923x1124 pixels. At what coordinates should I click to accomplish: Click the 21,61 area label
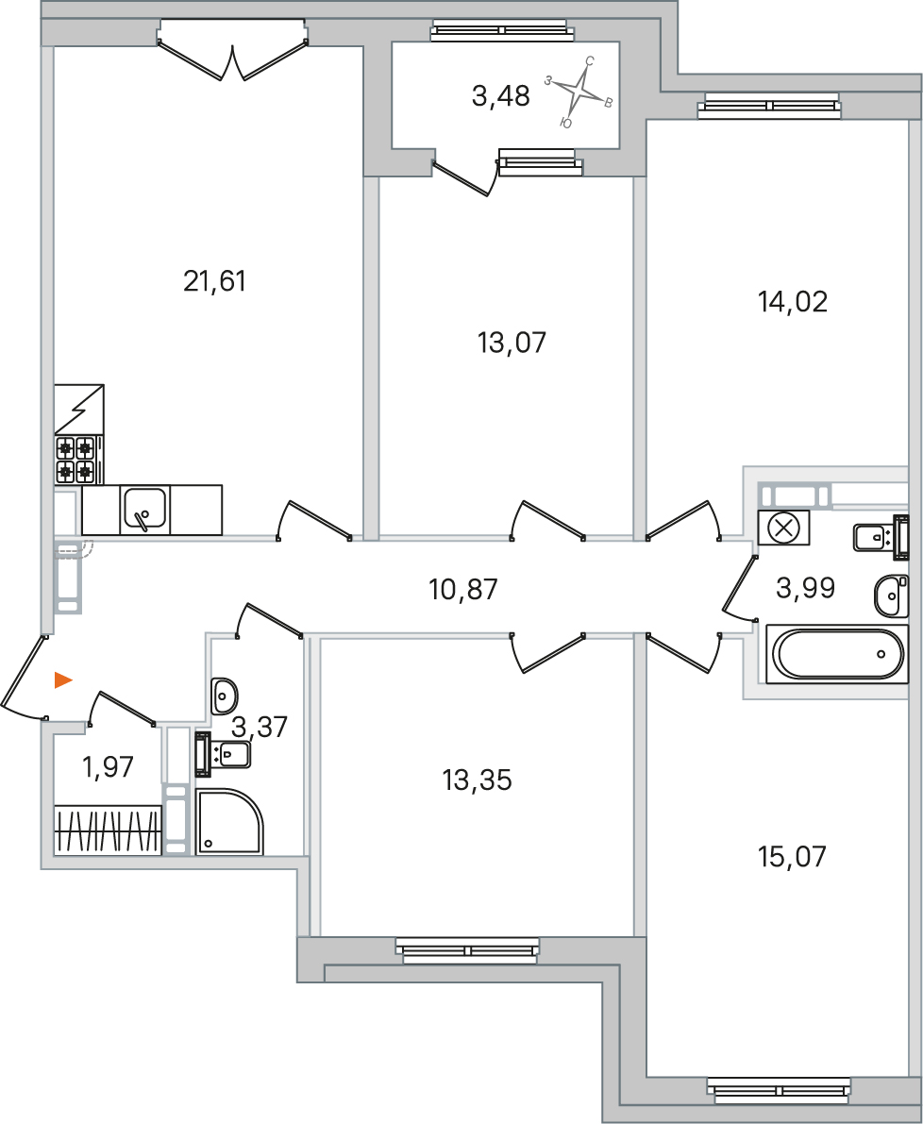click(215, 282)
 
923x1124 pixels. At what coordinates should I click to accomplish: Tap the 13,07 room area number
click(512, 343)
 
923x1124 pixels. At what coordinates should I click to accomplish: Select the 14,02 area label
click(793, 302)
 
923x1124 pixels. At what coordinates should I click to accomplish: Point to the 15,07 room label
click(793, 856)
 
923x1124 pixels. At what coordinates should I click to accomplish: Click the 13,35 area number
click(478, 780)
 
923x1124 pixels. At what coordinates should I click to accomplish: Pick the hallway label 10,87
click(463, 589)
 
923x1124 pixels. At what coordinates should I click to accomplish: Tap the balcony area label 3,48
click(501, 95)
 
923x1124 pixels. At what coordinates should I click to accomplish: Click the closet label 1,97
click(109, 767)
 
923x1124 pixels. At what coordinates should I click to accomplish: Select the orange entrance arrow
click(64, 680)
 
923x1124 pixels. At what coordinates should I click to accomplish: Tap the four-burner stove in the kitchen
click(76, 460)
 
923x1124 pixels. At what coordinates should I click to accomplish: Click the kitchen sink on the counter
click(145, 510)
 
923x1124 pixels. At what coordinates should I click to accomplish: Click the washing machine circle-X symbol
click(783, 529)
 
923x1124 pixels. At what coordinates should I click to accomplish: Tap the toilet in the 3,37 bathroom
click(222, 753)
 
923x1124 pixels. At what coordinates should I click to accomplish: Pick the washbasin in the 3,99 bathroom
click(891, 595)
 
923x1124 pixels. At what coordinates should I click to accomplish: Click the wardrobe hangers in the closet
click(109, 830)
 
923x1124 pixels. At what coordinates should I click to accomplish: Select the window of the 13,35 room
click(467, 949)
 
